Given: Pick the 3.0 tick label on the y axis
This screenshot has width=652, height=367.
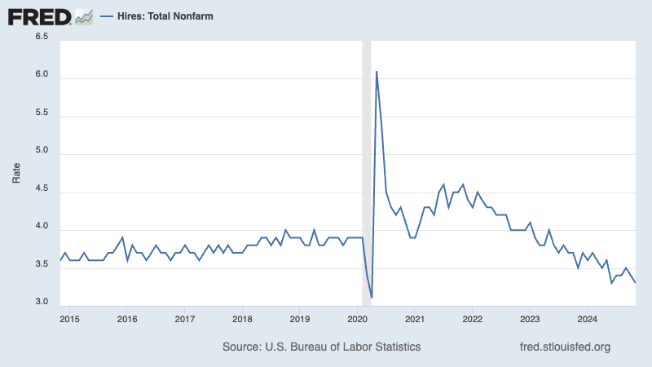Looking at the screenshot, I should [x=41, y=303].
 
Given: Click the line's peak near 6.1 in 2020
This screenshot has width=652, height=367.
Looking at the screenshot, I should [x=377, y=72].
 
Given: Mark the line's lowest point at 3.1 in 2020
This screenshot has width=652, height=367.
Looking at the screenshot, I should [x=372, y=297].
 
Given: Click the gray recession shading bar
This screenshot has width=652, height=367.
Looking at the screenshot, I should [x=367, y=163].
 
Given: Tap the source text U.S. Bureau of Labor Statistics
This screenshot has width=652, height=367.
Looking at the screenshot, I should [x=321, y=347].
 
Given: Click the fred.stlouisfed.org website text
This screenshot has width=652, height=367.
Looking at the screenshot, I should [x=565, y=347].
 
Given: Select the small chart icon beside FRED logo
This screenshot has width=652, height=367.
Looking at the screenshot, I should [x=84, y=15].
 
